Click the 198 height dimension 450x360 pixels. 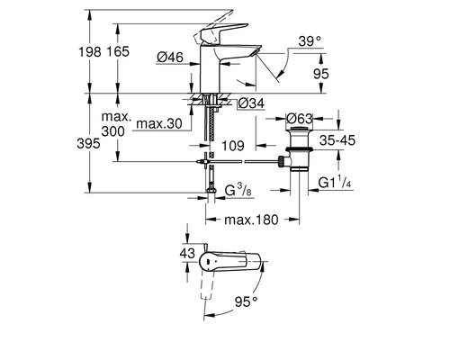(90, 51)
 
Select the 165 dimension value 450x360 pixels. (118, 51)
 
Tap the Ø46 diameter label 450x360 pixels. (170, 57)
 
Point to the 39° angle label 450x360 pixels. (310, 41)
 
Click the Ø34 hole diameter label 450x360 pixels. (251, 103)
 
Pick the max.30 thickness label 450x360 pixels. (159, 123)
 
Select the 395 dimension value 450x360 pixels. (88, 143)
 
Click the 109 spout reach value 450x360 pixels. (233, 146)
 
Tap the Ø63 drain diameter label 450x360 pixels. (299, 119)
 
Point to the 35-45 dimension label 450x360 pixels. (337, 140)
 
